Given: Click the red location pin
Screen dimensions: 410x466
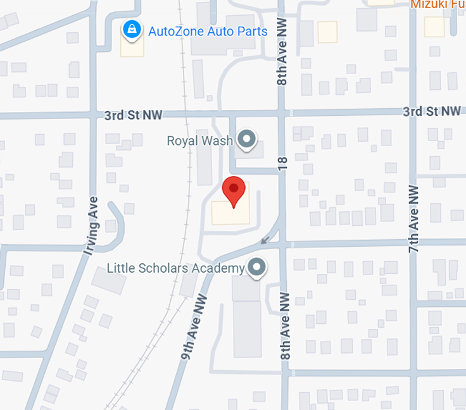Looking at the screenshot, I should (x=234, y=190).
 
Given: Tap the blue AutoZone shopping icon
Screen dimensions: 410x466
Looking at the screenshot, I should (x=132, y=30).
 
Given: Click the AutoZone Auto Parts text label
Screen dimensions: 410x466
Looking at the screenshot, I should (x=208, y=31).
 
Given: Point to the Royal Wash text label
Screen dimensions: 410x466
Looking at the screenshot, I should (x=200, y=140).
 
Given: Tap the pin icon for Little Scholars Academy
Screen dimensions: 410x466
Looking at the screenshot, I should (x=256, y=267).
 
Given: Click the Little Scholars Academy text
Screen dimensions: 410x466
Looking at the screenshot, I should (x=175, y=268).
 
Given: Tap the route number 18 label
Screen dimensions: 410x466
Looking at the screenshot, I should (x=282, y=164).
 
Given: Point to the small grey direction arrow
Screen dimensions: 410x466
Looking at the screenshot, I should (x=265, y=240).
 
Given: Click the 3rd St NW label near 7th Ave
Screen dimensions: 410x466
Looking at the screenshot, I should (x=432, y=111).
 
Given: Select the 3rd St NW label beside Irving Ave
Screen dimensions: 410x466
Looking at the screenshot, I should (x=133, y=115).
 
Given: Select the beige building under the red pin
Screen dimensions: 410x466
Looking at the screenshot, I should (x=230, y=211).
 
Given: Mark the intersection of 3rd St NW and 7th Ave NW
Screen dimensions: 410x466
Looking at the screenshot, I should (x=413, y=113).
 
